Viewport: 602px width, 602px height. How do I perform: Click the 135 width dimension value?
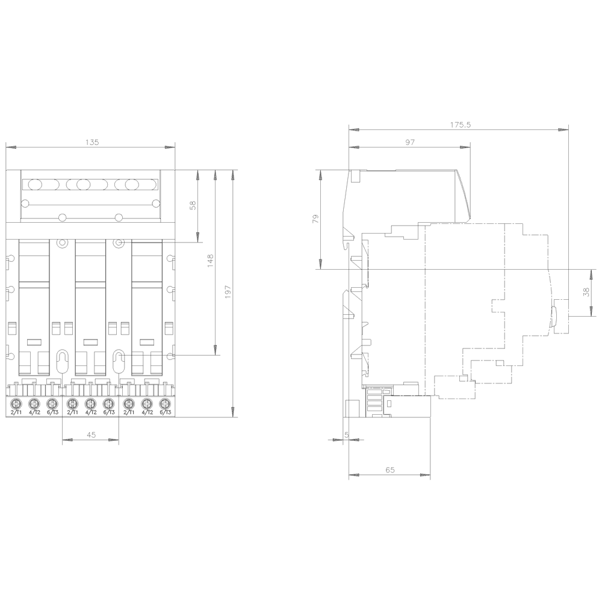pos(91,143)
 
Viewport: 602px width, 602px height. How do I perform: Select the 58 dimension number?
pos(193,205)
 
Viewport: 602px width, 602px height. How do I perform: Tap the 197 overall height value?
pos(227,290)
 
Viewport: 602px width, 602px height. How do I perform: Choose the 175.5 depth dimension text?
pos(459,125)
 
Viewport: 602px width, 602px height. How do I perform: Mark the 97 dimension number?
pos(411,143)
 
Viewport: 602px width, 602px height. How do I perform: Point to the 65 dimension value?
pos(389,470)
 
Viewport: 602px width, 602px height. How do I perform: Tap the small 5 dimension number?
pos(346,435)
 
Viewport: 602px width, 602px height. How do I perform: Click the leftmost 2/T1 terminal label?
pos(17,412)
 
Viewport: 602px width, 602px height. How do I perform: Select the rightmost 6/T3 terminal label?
pos(165,412)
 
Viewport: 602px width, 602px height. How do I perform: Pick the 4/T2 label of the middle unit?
pos(90,412)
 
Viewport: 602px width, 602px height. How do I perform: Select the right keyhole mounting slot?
pos(119,361)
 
